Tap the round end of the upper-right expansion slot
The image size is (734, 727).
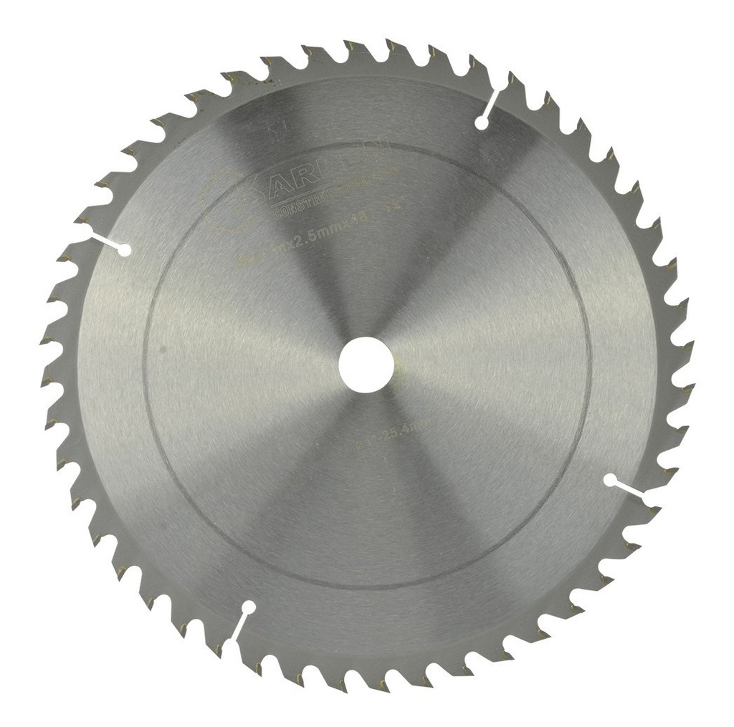coord(482,124)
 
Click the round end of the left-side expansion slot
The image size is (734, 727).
coord(124,250)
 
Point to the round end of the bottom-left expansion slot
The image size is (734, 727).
coord(249,608)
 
